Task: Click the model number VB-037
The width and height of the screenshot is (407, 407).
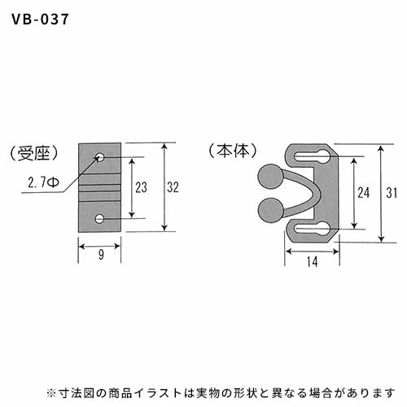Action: point(40,20)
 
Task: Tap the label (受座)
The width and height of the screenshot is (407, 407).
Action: point(33,154)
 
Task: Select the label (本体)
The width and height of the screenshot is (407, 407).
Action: point(233,151)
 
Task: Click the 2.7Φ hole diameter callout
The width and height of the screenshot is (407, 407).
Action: point(43,182)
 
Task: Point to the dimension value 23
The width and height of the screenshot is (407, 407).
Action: point(141,187)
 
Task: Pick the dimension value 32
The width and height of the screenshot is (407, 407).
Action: point(173,187)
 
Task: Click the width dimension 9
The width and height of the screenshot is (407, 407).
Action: point(101,255)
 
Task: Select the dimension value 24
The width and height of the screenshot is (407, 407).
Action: point(364,193)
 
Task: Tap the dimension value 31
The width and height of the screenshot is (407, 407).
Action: point(392,193)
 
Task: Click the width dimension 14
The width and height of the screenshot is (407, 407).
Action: point(313,261)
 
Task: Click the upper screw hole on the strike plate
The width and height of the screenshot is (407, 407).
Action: point(100,157)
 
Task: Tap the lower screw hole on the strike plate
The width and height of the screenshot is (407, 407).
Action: point(100,219)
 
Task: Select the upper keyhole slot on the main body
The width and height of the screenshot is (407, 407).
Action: point(313,156)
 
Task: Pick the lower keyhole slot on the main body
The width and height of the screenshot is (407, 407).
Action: point(313,230)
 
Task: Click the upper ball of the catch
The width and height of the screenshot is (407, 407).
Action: point(270,177)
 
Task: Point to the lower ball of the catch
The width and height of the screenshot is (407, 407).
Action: point(270,211)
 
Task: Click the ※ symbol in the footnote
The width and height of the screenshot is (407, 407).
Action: point(51,393)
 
